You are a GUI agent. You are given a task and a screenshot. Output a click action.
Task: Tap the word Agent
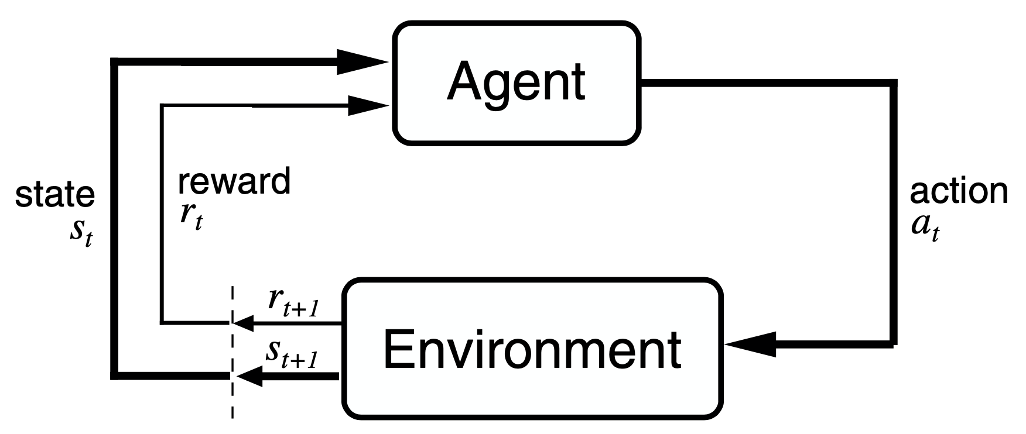tap(515, 82)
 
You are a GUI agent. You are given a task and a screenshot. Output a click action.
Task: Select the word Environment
tap(532, 350)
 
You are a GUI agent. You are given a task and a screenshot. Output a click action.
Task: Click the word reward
tap(234, 181)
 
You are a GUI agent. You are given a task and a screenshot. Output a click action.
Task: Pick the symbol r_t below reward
tap(191, 216)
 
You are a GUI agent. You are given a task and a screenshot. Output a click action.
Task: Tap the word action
tap(959, 192)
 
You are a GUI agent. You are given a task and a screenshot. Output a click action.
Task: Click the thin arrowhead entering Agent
tap(367, 106)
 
